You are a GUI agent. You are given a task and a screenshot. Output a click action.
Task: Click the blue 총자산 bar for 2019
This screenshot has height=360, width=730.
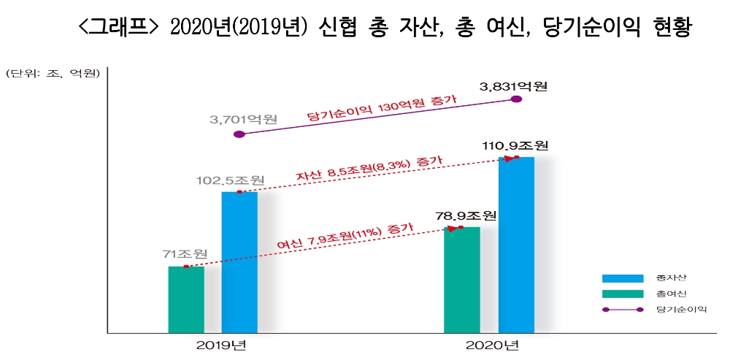pyautogui.click(x=239, y=262)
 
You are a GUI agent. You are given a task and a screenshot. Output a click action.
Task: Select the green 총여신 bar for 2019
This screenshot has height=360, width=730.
pyautogui.click(x=185, y=299)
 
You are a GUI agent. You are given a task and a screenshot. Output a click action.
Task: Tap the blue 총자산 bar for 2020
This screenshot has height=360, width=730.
pyautogui.click(x=516, y=245)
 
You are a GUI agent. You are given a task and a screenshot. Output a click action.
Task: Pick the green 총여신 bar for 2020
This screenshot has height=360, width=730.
pyautogui.click(x=461, y=280)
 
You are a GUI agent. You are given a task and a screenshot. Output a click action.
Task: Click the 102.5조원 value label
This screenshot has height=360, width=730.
pyautogui.click(x=230, y=180)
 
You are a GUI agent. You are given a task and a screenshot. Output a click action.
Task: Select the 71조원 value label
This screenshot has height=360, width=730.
pyautogui.click(x=185, y=254)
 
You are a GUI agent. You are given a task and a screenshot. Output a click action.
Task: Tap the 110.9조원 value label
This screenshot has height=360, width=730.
pyautogui.click(x=515, y=145)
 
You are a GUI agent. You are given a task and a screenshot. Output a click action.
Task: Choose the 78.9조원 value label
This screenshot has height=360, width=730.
pyautogui.click(x=466, y=216)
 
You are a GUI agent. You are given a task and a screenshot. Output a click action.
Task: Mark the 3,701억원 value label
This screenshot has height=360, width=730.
pyautogui.click(x=243, y=118)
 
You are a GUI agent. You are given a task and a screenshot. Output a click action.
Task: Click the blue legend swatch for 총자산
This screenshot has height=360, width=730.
pyautogui.click(x=622, y=278)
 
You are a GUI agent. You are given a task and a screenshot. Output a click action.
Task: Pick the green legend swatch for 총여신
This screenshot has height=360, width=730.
pyautogui.click(x=622, y=294)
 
